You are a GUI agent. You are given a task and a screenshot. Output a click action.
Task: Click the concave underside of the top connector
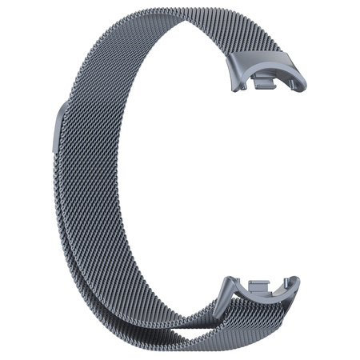click(x=268, y=87)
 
